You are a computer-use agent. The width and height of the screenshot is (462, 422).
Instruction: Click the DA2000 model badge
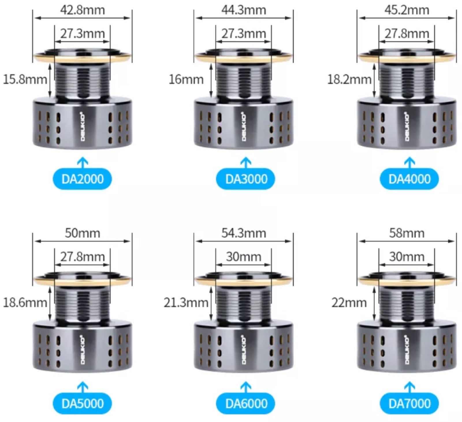(82, 179)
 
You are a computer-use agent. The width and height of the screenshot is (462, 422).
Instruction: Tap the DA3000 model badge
(246, 179)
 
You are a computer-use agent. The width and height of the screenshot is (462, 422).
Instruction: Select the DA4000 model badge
(409, 179)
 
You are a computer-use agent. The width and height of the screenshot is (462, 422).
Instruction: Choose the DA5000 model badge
(82, 403)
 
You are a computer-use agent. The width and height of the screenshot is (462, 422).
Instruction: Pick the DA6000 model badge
(246, 403)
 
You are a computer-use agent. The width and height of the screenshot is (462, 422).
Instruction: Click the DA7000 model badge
(409, 403)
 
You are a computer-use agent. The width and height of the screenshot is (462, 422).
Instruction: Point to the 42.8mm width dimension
(82, 10)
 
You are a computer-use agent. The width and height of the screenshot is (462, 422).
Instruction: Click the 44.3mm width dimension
(244, 10)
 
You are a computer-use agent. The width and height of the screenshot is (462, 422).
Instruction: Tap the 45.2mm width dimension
(407, 10)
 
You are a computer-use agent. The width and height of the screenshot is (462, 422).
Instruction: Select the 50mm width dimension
(82, 233)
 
